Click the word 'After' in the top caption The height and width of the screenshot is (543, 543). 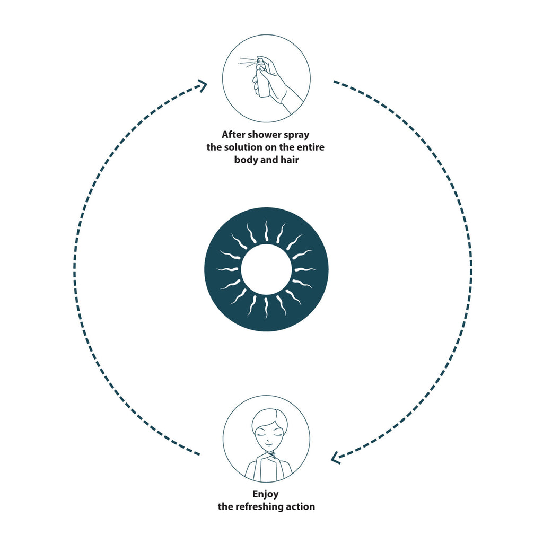233,134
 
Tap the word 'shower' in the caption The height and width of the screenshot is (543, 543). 265,134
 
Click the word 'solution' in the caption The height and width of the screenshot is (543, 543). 243,147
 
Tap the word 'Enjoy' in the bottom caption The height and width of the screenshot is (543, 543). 266,495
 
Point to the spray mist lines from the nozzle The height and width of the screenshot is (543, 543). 247,63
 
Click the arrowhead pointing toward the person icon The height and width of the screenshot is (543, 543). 336,458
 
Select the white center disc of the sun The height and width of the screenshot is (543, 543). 266,270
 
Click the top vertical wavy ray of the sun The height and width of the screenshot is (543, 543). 266,230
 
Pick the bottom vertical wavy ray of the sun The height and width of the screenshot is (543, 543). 266,309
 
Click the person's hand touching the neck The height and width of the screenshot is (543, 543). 266,457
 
